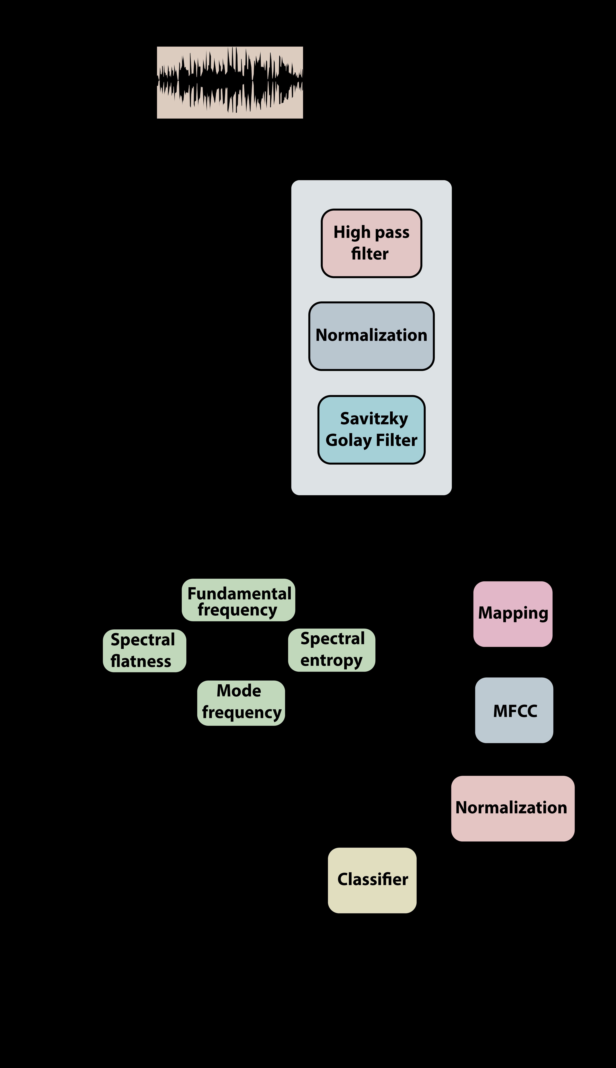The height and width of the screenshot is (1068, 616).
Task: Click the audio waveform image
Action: pyautogui.click(x=230, y=83)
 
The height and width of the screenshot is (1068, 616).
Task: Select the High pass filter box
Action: pyautogui.click(x=372, y=243)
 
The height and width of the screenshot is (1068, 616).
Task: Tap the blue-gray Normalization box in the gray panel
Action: pyautogui.click(x=372, y=336)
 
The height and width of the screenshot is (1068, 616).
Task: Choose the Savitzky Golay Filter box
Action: pyautogui.click(x=372, y=430)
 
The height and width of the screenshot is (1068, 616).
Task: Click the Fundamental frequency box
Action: pyautogui.click(x=239, y=600)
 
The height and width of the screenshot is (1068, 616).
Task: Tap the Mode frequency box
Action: pyautogui.click(x=241, y=703)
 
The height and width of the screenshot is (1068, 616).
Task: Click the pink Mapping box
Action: pyautogui.click(x=513, y=614)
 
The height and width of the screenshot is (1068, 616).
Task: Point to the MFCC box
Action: pyautogui.click(x=514, y=710)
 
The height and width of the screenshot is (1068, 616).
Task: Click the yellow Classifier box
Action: pyautogui.click(x=372, y=880)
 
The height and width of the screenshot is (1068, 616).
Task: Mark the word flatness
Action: pyautogui.click(x=141, y=661)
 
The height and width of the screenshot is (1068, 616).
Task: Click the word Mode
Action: pyautogui.click(x=239, y=691)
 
